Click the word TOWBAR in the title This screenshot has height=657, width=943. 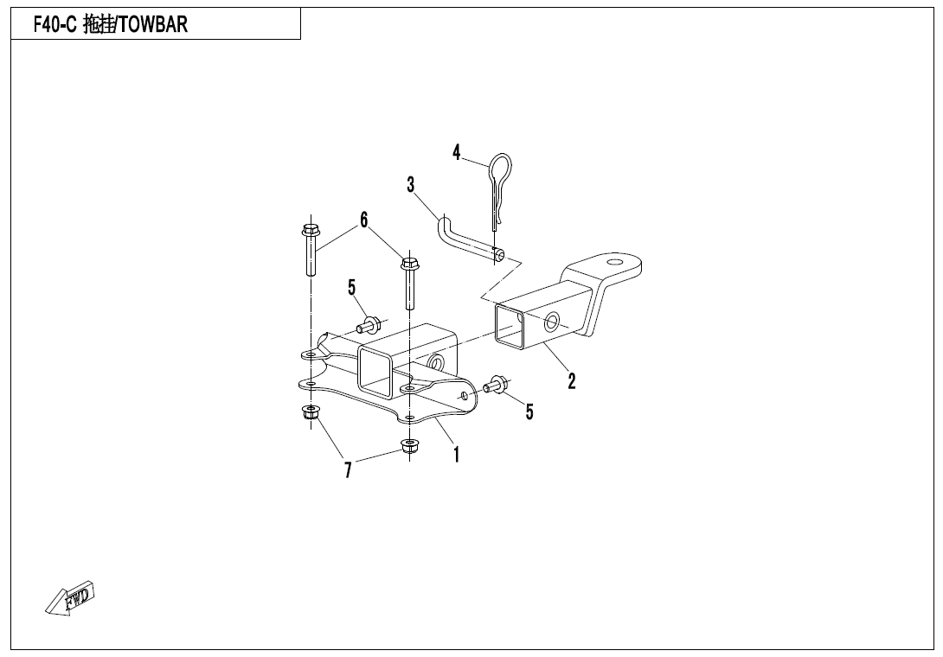[x=153, y=25]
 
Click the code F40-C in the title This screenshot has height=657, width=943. [x=55, y=25]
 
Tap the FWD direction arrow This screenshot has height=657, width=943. [x=70, y=598]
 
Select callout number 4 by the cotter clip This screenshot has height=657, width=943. [x=457, y=153]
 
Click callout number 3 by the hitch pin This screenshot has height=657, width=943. [x=411, y=184]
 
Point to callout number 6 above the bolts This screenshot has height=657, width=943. [x=364, y=220]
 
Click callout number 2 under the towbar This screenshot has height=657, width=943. [x=571, y=380]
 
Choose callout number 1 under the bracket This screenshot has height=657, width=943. [x=457, y=455]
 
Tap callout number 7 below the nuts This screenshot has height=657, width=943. [x=348, y=470]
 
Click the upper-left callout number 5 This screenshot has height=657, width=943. [x=352, y=288]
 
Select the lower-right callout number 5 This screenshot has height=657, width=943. [x=529, y=411]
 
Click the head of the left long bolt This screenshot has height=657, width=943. [x=311, y=230]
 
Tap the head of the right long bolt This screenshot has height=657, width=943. [x=409, y=264]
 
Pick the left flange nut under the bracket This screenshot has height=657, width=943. [x=310, y=413]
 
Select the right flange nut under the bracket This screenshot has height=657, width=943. [x=409, y=447]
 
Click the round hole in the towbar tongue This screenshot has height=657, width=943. [x=614, y=263]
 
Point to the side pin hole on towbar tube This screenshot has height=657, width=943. [x=551, y=322]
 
